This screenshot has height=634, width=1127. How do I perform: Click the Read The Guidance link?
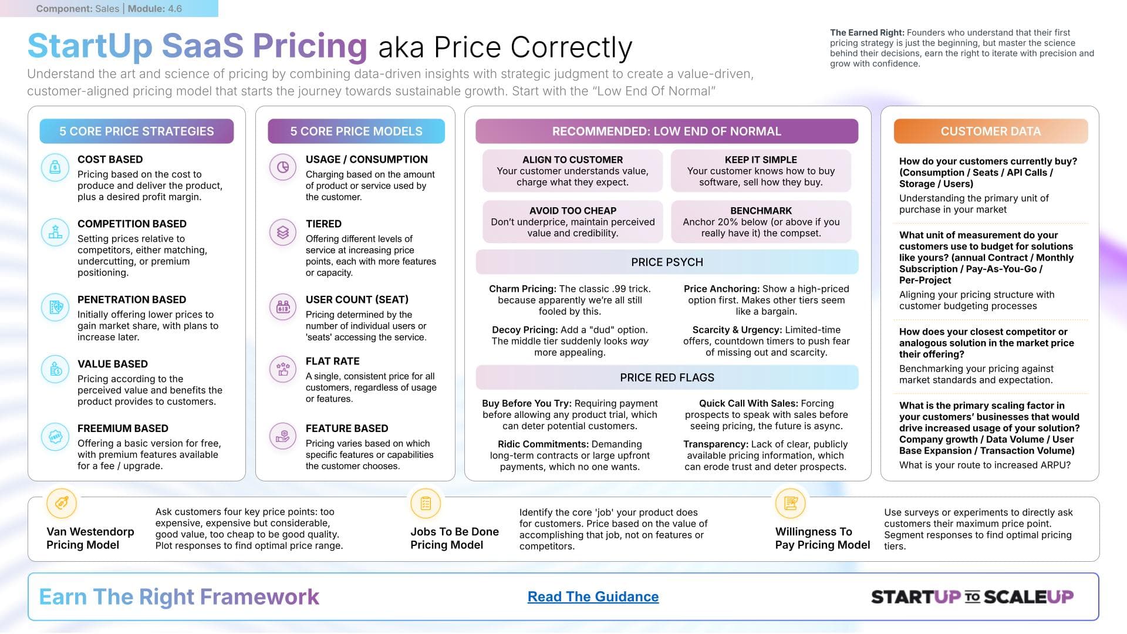coord(593,596)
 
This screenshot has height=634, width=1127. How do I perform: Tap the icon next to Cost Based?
coord(55,167)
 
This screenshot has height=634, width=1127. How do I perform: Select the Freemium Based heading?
coord(123,429)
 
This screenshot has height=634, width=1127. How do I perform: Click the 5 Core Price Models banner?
coord(356,131)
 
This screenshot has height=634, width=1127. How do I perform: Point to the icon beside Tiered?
coord(283,232)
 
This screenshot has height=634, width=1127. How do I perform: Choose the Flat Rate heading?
coord(332,361)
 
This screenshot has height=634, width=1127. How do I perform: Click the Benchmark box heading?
coord(761,210)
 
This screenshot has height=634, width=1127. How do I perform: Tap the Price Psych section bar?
coord(667,262)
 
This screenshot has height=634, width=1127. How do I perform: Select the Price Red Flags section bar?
coord(667,377)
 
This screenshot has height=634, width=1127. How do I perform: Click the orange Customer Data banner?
coord(990,131)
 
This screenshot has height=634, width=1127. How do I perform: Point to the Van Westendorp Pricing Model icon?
coord(62,503)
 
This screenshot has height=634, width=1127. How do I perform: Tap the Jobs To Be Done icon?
coord(426,503)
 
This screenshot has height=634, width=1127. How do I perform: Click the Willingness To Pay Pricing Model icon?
coord(790,503)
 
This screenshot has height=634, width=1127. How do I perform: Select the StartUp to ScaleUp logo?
coord(972,597)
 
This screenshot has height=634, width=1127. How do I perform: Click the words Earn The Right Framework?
coord(179,597)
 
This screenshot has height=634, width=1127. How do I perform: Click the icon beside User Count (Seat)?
coord(283,307)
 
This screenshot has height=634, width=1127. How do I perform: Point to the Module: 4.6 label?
coord(155,9)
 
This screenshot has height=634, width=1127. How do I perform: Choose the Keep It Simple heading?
coord(761,160)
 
